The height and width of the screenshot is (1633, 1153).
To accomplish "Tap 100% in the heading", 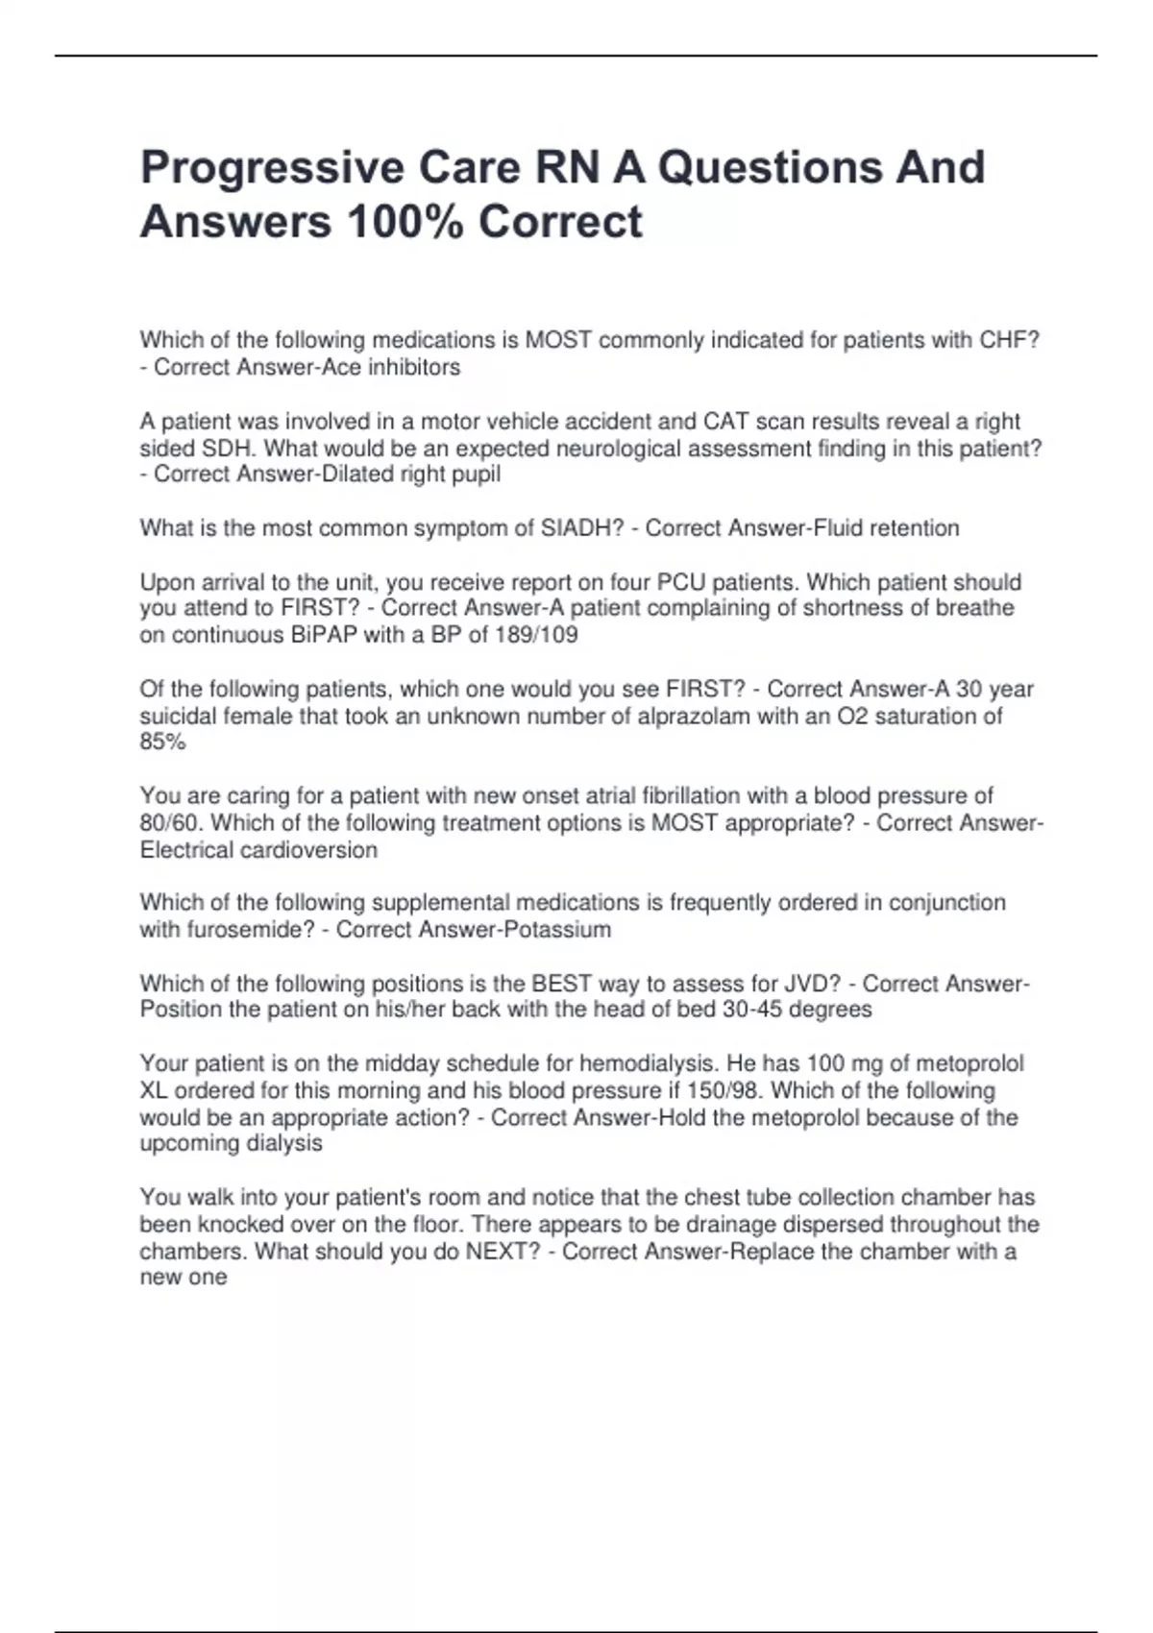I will click(405, 222).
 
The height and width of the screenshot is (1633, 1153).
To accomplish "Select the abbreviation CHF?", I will click(1009, 340).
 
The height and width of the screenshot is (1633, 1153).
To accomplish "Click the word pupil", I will click(477, 475).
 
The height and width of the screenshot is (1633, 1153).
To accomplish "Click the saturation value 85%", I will click(162, 742).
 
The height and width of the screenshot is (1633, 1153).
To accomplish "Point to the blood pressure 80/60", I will click(169, 823).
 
